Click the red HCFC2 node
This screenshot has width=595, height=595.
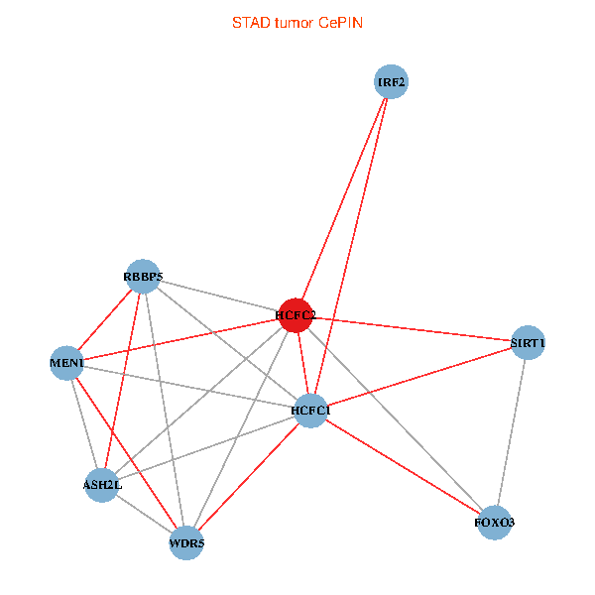(x=297, y=315)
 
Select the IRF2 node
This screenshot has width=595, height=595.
(x=392, y=81)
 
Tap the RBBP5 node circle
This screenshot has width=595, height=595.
(x=144, y=276)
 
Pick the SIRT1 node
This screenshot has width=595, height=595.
(x=528, y=343)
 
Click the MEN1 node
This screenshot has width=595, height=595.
(x=66, y=363)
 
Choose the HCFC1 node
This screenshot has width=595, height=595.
(x=311, y=410)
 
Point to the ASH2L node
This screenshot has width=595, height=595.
(x=102, y=485)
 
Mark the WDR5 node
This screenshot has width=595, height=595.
(x=186, y=542)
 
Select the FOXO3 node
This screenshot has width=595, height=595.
(x=495, y=522)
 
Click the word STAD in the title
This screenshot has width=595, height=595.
(x=249, y=22)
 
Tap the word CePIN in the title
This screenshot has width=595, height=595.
(x=340, y=22)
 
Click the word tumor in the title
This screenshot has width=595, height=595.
(x=293, y=22)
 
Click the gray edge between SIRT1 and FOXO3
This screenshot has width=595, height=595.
(x=512, y=432)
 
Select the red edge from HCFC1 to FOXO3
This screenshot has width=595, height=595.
(x=403, y=465)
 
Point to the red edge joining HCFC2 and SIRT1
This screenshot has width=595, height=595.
(x=412, y=329)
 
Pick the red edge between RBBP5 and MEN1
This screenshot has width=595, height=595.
(x=105, y=319)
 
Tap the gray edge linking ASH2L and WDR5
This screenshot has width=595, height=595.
(x=144, y=514)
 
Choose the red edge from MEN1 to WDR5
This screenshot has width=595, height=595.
(x=126, y=452)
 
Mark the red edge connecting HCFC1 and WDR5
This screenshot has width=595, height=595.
(x=249, y=476)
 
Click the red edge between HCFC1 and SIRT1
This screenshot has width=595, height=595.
(x=419, y=377)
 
